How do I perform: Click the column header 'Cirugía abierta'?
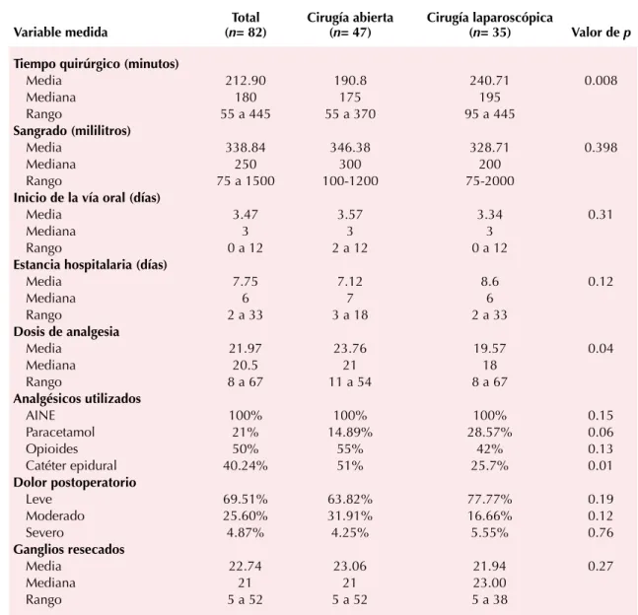pos(350,18)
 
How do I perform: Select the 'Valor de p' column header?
pos(601,33)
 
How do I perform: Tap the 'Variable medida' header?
pos(60,33)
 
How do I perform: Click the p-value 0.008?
pos(601,81)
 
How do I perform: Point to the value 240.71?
pos(489,81)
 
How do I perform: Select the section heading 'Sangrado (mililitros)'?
pos(72,130)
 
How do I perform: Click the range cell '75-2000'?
pos(489,181)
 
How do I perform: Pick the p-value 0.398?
pos(601,147)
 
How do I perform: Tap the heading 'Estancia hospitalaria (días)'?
pos(91,265)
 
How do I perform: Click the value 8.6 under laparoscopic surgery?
pos(489,282)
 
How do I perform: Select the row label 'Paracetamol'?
pos(60,432)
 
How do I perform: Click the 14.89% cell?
pos(350,432)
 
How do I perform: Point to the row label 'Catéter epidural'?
pos(71,465)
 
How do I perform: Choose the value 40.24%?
pos(246,465)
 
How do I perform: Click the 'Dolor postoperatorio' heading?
pos(75,482)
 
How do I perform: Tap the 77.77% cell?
pos(489,499)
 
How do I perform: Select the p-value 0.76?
pos(601,532)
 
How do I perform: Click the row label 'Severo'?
pos(44,532)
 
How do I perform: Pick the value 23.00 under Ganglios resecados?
pos(489,582)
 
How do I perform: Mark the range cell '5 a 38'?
pos(489,599)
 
